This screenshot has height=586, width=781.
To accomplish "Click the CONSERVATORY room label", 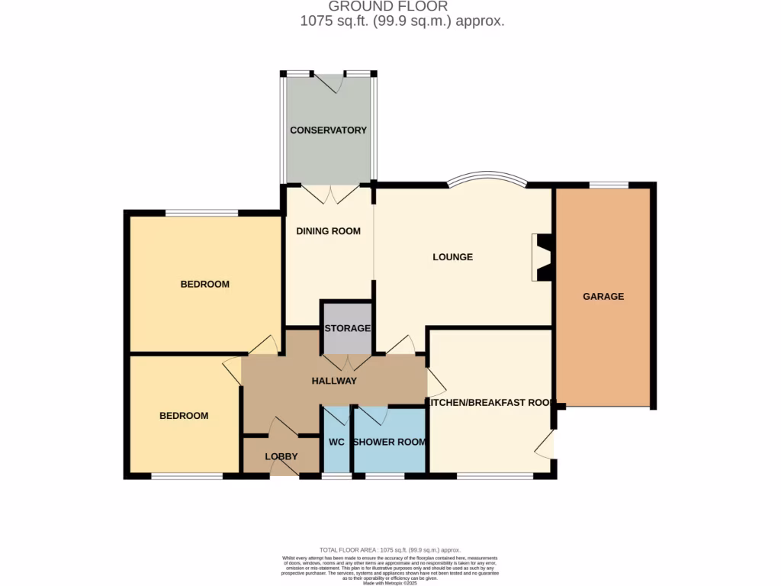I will coord(328,130).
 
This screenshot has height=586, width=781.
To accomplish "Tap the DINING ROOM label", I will coord(328,231).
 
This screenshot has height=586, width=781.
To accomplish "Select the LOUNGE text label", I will coord(452,257).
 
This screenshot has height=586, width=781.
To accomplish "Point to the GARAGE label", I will coord(603,297).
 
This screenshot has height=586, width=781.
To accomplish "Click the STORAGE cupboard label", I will coord(347,329).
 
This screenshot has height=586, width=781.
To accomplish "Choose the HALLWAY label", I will coord(334,381).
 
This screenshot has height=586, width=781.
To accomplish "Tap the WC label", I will coord(336,443).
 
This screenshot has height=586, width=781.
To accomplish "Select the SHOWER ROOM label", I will coord(389,443).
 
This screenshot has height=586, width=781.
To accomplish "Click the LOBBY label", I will coord(281,457).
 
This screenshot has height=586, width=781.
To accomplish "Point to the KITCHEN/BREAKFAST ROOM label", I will coord(490,403).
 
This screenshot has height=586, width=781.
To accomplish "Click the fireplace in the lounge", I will coord(543,257).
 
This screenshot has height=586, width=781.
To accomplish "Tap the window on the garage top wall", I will coord(609,185).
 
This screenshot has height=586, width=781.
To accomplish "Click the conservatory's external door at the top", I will coord(329,82).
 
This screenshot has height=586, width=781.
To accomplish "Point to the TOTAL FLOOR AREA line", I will coord(390,550).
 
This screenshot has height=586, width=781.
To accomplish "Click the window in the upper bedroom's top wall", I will coord(202,213).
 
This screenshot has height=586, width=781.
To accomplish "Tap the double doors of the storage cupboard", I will coord(347,362).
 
